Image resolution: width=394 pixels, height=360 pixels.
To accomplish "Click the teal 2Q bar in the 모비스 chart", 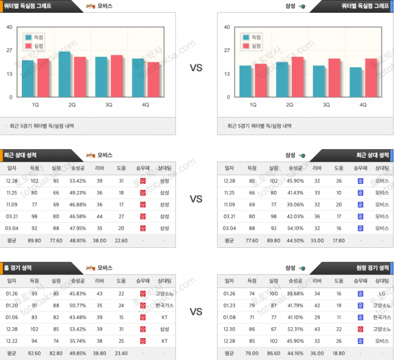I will click(x=64, y=75).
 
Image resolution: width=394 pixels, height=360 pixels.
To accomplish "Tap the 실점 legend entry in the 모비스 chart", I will click(x=34, y=45).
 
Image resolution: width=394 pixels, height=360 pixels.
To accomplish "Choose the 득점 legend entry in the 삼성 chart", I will click(x=252, y=37).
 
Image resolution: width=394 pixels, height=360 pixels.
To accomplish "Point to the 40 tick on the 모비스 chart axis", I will click(x=9, y=27).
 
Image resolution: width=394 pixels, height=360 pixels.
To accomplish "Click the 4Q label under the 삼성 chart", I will click(x=362, y=104).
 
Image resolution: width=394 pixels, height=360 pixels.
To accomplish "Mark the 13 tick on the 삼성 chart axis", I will click(x=226, y=74).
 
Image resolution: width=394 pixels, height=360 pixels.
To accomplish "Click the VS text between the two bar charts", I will click(x=196, y=68).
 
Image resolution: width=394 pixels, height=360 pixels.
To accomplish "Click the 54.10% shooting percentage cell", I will click(x=295, y=228).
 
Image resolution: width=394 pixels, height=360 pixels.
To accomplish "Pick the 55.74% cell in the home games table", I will click(x=78, y=341).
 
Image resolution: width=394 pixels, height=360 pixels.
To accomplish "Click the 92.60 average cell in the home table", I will click(x=34, y=353).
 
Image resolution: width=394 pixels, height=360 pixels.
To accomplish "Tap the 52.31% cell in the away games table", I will click(x=295, y=328).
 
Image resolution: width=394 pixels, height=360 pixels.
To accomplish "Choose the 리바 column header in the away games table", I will click(x=317, y=281).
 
